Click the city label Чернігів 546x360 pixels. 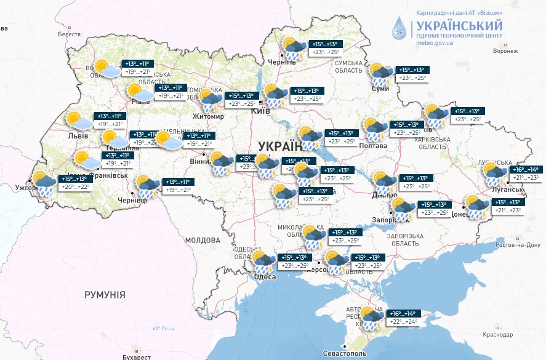click(x=282, y=63)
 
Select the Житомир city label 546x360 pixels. click(x=208, y=116)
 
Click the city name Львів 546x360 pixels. click(x=78, y=135)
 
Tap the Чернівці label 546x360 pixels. click(x=132, y=200)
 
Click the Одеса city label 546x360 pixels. click(x=265, y=278)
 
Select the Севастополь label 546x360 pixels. click(x=345, y=354)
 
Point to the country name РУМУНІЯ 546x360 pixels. click(x=105, y=295)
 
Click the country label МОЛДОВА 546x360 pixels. click(x=203, y=239)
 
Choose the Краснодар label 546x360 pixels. click(x=497, y=335)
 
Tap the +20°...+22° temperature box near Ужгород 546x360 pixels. click(x=75, y=187)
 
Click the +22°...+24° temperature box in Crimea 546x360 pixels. click(x=404, y=322)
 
